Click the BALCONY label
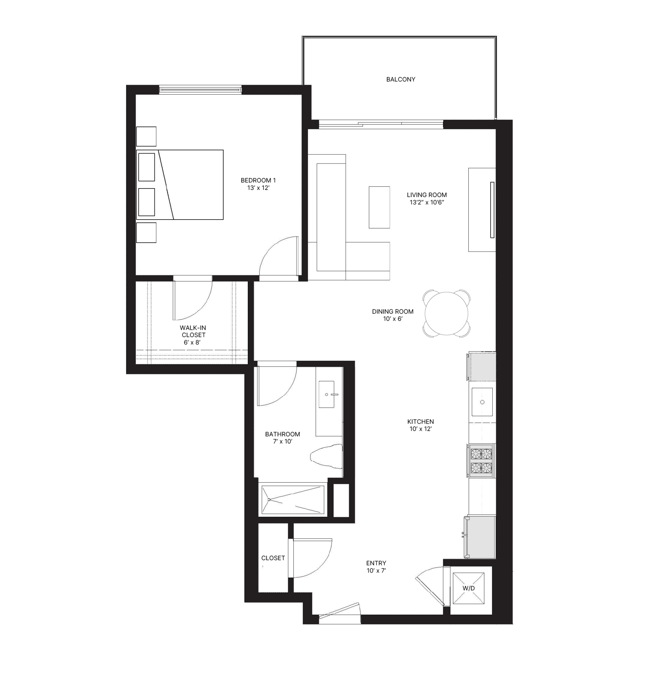coord(400,79)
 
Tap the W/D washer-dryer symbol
coord(469,588)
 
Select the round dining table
coord(446,313)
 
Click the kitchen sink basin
coord(482,402)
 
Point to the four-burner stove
coord(481,461)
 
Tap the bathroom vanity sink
coord(327,394)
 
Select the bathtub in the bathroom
coord(293,500)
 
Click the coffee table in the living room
coord(379,207)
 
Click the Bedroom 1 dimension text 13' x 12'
coord(258,188)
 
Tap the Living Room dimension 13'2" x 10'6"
coord(427,202)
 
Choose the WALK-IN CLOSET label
coord(193,331)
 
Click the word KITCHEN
coord(421,422)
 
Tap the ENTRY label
coord(376,563)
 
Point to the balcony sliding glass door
coord(381,125)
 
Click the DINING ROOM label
coord(393,312)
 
